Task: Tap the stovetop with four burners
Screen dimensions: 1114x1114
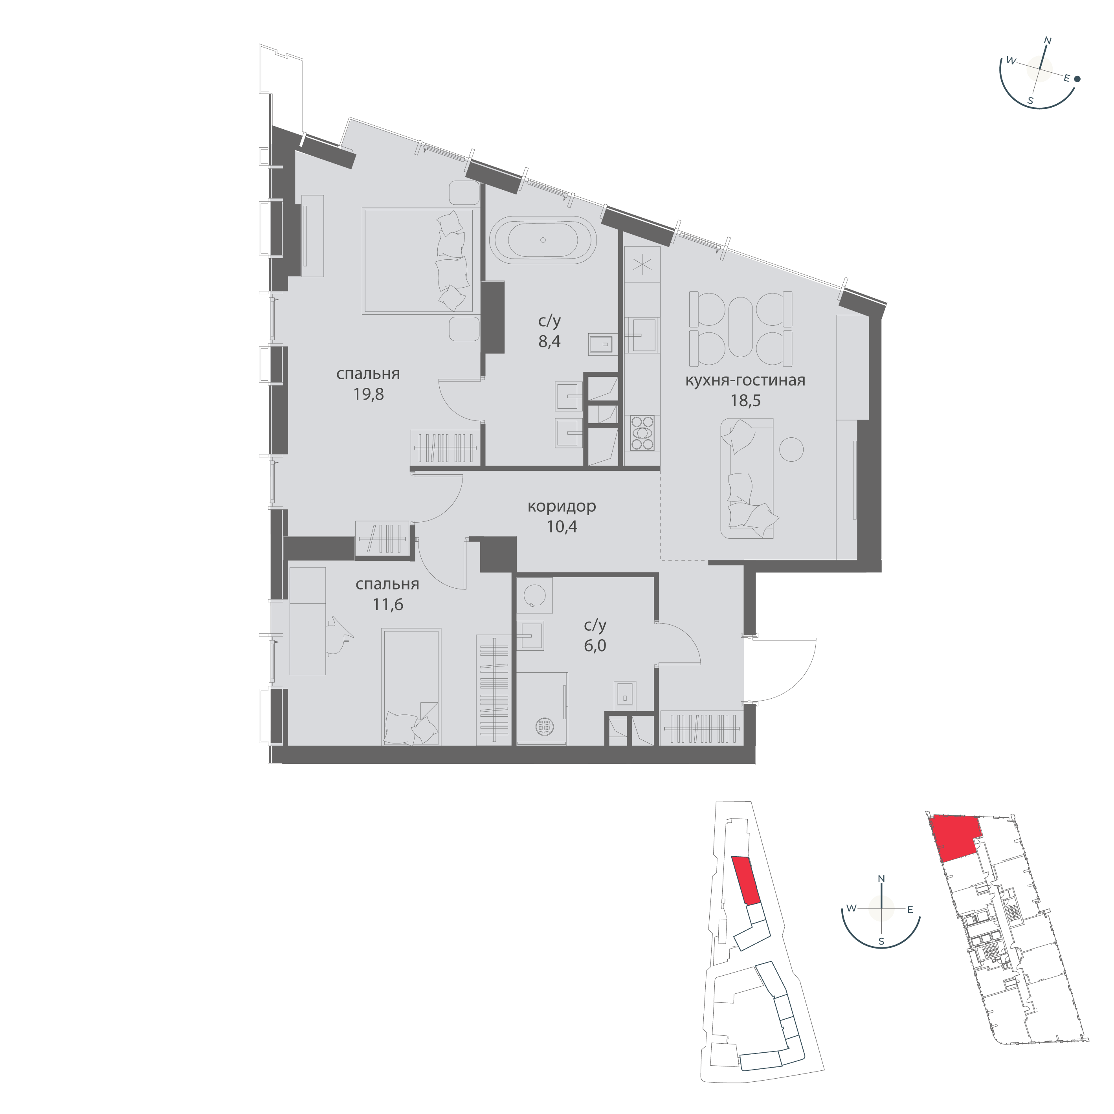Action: (x=643, y=433)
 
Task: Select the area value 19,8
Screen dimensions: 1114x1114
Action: (x=369, y=395)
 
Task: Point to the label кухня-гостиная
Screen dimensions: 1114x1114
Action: (x=745, y=380)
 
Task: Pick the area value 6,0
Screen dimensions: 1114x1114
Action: (x=595, y=646)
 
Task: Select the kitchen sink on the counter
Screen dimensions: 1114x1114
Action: (x=642, y=334)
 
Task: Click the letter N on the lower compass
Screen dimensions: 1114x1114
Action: (x=881, y=879)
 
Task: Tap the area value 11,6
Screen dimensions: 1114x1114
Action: (x=387, y=604)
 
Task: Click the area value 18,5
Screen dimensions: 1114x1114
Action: (x=745, y=400)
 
